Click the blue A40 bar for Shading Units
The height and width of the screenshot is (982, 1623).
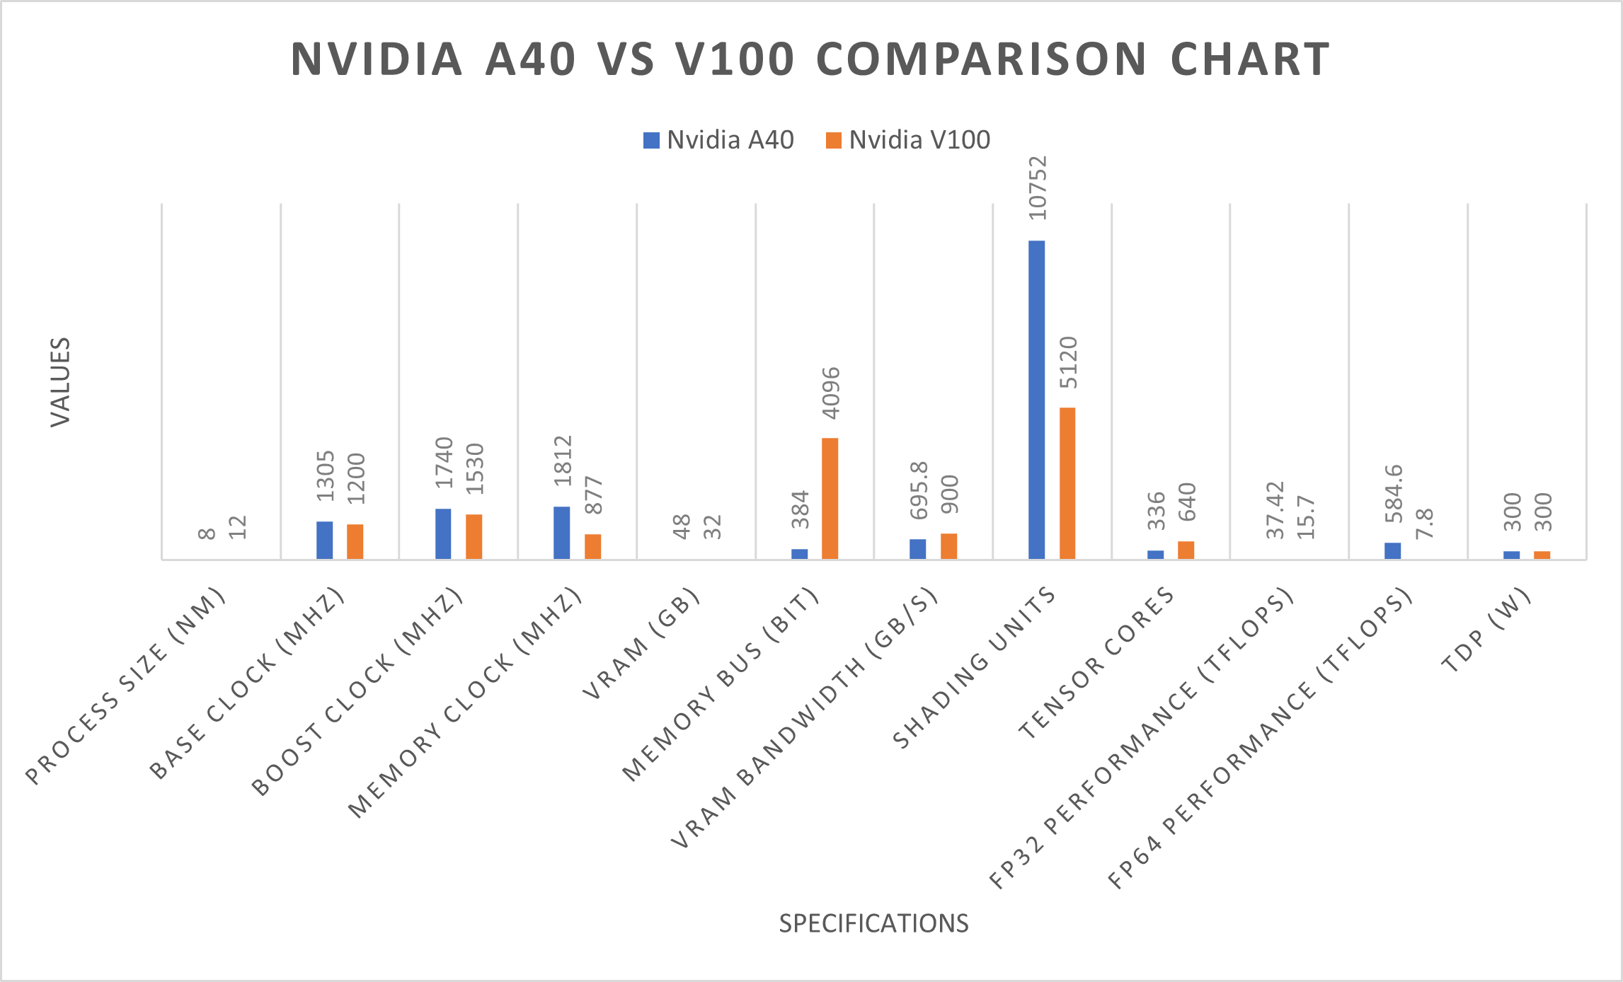[x=1036, y=400]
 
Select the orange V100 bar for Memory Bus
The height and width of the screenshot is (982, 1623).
[x=830, y=499]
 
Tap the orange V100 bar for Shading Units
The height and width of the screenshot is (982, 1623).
[x=1067, y=483]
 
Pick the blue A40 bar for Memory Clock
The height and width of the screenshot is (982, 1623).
[x=561, y=533]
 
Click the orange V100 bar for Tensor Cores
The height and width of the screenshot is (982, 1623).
[x=1186, y=550]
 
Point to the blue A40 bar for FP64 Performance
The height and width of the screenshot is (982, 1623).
[x=1392, y=550]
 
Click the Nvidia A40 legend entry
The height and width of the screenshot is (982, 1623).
[x=718, y=140]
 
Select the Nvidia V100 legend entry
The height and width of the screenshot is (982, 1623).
[x=908, y=140]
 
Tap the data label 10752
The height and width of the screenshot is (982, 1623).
[x=1038, y=188]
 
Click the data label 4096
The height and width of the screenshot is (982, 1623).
[x=831, y=393]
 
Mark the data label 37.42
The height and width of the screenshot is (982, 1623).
[x=1275, y=509]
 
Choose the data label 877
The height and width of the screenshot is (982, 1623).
[x=594, y=495]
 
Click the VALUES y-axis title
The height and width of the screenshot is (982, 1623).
[x=61, y=382]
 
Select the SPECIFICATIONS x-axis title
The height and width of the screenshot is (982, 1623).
[x=873, y=923]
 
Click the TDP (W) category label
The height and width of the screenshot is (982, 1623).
[x=1486, y=630]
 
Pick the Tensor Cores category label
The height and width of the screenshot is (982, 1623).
[x=1096, y=663]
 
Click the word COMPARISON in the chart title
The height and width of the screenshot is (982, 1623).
[x=981, y=59]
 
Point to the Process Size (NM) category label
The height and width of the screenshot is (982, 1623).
[x=126, y=686]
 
